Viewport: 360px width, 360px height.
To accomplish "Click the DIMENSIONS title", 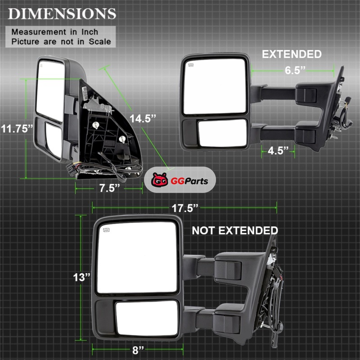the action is (x=62, y=14).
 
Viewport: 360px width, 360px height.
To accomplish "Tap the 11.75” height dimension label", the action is (x=17, y=129).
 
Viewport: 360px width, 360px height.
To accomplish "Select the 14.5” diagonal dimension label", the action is (x=143, y=119).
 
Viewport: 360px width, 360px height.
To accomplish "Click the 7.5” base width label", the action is (x=109, y=188).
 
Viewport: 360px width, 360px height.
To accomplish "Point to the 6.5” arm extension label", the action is (x=295, y=70).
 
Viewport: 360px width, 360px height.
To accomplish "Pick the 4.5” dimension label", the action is (x=278, y=151).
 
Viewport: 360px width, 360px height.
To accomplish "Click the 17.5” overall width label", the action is (x=185, y=208).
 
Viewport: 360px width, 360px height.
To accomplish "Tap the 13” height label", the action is (x=81, y=277).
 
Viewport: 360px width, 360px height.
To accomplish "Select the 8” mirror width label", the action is (x=138, y=351).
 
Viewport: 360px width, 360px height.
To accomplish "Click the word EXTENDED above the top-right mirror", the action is (x=292, y=54).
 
